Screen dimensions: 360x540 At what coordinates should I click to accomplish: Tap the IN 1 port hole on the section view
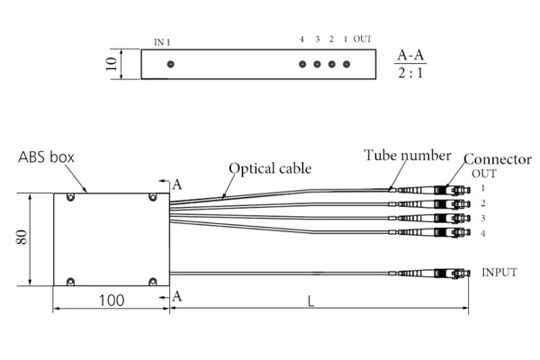[x=170, y=65]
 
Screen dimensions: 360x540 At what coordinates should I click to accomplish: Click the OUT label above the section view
[x=363, y=40]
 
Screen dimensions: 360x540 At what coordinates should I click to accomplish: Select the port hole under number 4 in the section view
[x=303, y=65]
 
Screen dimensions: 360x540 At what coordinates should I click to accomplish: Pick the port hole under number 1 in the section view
[x=346, y=65]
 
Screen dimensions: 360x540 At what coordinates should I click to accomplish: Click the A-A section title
[x=411, y=55]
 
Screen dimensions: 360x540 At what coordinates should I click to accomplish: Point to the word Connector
[x=497, y=159]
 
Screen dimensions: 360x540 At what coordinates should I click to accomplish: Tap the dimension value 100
[x=111, y=300]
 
